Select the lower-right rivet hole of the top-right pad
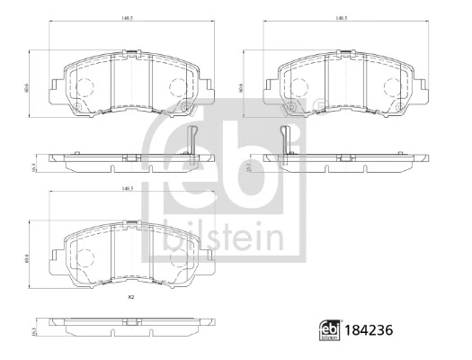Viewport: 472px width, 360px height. pos(396,110)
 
